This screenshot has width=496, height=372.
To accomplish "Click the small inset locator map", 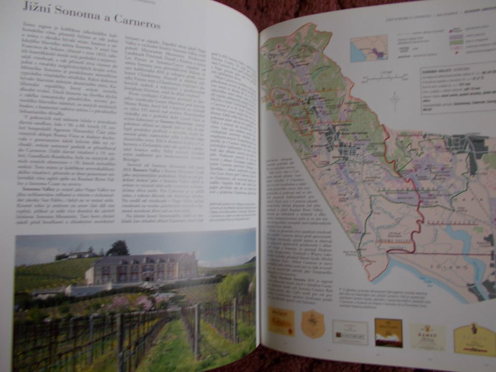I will coord(369,48).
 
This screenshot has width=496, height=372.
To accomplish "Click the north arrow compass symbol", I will coord(395,101).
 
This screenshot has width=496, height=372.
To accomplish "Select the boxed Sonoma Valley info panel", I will coord(458,88).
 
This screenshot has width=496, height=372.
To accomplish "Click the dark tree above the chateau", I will coord(118,248).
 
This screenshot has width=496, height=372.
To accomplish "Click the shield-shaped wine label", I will coord(312,323).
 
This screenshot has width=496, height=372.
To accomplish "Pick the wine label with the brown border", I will coord(388,332).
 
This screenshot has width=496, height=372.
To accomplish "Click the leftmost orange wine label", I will coord(281,321).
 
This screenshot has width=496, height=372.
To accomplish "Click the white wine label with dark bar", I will coord(350,331).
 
